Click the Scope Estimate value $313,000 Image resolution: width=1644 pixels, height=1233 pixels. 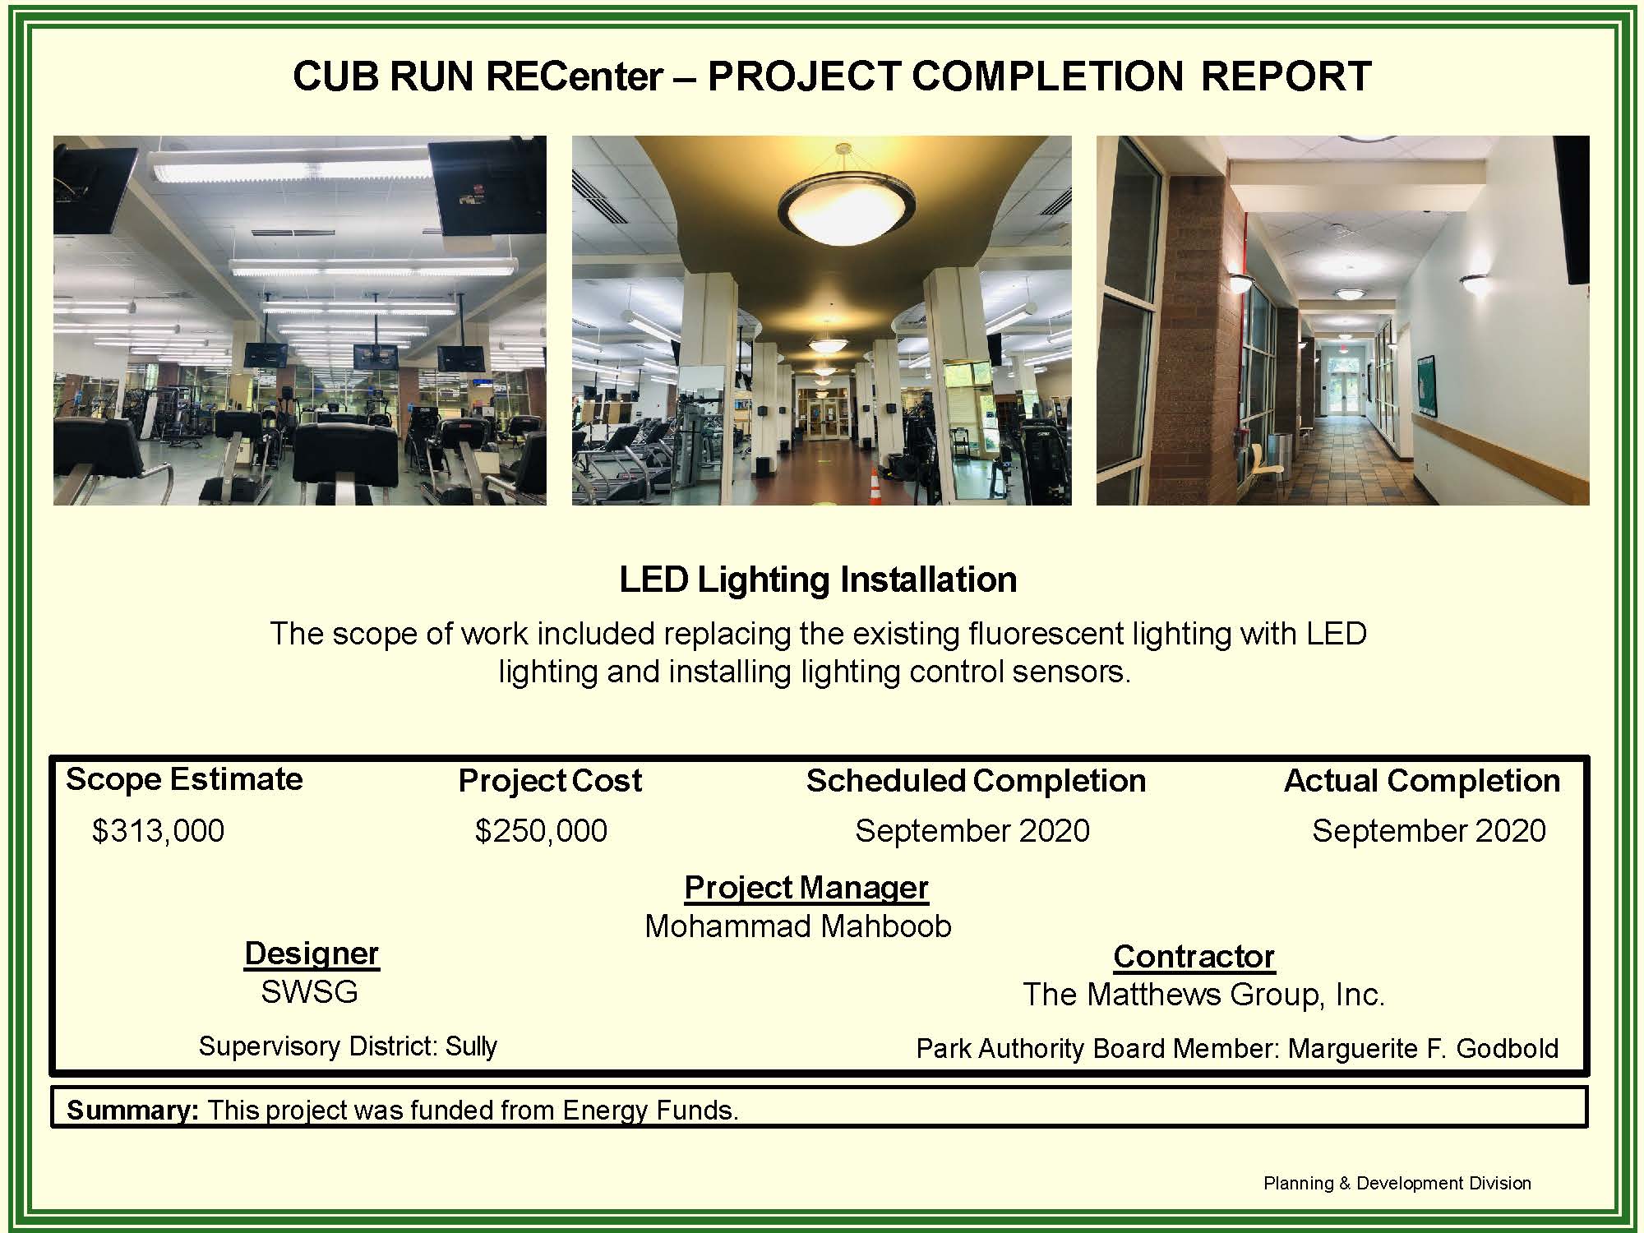click(x=158, y=831)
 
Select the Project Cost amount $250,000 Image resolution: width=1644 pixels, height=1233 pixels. click(x=541, y=831)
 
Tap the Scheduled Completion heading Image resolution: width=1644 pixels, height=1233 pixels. click(x=976, y=781)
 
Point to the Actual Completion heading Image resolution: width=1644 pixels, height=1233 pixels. click(x=1421, y=781)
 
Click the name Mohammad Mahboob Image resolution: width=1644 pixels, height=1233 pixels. click(x=797, y=926)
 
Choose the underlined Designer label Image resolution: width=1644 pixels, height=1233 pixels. click(x=312, y=954)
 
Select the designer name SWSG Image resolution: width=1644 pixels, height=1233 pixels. click(x=309, y=992)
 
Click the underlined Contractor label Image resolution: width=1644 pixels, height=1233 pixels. click(x=1194, y=957)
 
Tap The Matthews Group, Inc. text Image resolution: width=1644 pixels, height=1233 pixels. click(x=1203, y=995)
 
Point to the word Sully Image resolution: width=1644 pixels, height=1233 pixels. click(x=471, y=1046)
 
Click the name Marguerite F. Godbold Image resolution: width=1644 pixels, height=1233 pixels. click(x=1423, y=1049)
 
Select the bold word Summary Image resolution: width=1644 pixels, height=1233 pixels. click(x=132, y=1111)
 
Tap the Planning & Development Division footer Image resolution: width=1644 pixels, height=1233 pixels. click(x=1397, y=1184)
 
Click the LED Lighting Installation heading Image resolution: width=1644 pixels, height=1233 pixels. click(x=818, y=580)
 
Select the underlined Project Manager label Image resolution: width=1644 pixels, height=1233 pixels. click(x=806, y=888)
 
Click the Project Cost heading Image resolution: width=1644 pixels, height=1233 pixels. click(x=550, y=781)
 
